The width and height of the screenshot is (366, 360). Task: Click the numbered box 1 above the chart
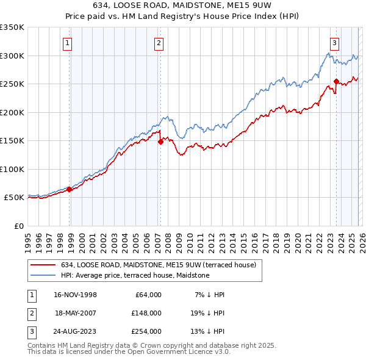click(67, 43)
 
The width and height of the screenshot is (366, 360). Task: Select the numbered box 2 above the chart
click(159, 43)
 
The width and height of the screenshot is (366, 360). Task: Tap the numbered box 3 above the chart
click(335, 43)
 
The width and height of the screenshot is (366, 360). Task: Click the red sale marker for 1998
click(70, 189)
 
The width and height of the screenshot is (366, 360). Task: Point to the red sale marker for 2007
click(161, 142)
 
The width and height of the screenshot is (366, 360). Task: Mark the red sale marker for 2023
click(336, 81)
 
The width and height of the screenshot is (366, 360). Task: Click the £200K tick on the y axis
click(12, 112)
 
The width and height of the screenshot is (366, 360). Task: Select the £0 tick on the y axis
click(18, 226)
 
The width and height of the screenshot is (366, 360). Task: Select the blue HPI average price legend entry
click(135, 275)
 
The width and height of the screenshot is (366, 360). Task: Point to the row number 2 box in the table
click(31, 313)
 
